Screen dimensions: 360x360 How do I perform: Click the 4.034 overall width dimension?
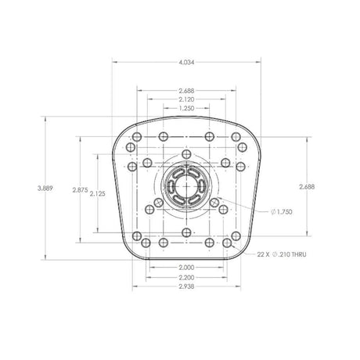tap(185, 61)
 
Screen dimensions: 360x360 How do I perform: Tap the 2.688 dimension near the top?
tap(185, 90)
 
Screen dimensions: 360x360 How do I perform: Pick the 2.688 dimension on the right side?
tap(308, 186)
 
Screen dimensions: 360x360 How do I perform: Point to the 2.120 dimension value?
tap(185, 99)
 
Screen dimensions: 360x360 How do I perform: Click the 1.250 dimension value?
tap(185, 109)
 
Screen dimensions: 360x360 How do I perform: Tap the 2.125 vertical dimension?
tap(97, 193)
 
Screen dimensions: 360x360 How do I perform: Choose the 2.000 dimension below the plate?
tap(185, 268)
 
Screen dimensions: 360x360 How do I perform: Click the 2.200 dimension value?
tap(185, 278)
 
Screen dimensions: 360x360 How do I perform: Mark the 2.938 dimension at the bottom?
tap(185, 287)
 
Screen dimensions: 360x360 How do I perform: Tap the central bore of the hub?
tap(185, 189)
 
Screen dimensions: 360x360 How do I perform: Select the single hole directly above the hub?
tap(185, 155)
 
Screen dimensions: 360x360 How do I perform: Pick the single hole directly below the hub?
tap(185, 232)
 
